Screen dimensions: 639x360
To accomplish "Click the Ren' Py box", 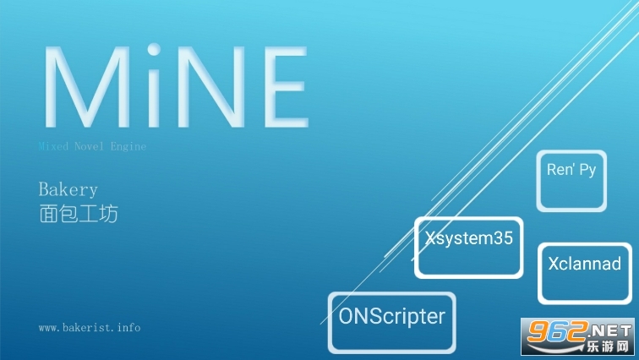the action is pos(571,181).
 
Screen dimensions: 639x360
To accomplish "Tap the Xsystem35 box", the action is pos(468,248).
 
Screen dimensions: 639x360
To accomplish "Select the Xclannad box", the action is pos(585,273).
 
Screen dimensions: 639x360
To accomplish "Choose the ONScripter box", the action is pos(392,323).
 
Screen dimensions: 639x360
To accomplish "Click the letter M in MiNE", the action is pos(86,87).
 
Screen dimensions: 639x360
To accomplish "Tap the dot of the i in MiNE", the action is pos(154,50).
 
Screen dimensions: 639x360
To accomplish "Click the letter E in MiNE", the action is pos(286,87).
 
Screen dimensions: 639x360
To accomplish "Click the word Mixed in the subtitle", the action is pos(53,146).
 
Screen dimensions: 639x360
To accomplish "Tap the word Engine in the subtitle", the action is pos(128,147).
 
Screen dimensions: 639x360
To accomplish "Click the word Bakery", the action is pos(68,190).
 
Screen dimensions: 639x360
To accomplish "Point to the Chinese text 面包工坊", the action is pos(79,214).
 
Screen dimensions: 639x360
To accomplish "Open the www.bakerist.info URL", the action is pos(90,327).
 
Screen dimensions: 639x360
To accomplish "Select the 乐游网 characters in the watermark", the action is pos(607,346).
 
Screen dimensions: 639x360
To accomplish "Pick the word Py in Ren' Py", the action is pos(587,170).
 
